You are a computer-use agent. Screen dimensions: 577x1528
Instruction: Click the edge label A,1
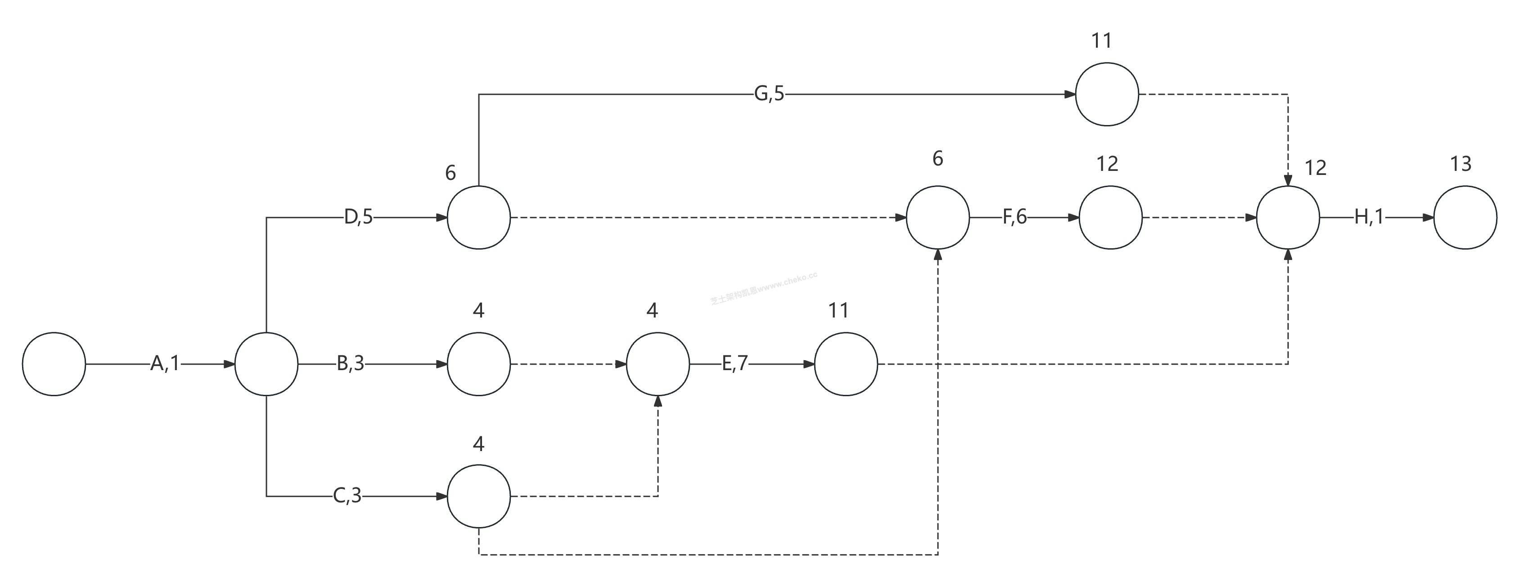[x=164, y=363]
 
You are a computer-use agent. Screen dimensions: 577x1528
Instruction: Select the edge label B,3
[x=350, y=363]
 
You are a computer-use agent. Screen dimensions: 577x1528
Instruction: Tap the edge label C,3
[x=347, y=495]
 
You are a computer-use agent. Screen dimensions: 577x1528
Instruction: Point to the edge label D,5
[x=358, y=218]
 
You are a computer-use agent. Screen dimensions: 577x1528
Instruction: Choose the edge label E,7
[x=735, y=363]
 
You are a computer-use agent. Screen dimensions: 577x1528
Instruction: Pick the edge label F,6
[x=1014, y=218]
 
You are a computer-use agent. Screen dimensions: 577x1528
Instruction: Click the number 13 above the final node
[x=1460, y=164]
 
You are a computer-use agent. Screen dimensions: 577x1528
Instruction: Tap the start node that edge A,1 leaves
[x=54, y=364]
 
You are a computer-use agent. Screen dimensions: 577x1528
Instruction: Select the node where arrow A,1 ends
[x=266, y=364]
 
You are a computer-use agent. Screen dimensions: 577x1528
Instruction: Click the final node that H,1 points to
[x=1465, y=218]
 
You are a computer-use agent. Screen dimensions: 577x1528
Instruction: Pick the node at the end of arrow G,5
[x=1107, y=94]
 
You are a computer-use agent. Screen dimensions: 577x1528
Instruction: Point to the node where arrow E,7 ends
[x=846, y=364]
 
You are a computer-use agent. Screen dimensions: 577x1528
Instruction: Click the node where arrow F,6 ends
[x=1110, y=218]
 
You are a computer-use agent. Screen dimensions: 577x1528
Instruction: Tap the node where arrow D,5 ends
[x=479, y=218]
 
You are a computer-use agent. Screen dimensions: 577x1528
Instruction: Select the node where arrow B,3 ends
[x=479, y=364]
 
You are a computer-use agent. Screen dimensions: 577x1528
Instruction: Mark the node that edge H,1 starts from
[x=1289, y=218]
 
